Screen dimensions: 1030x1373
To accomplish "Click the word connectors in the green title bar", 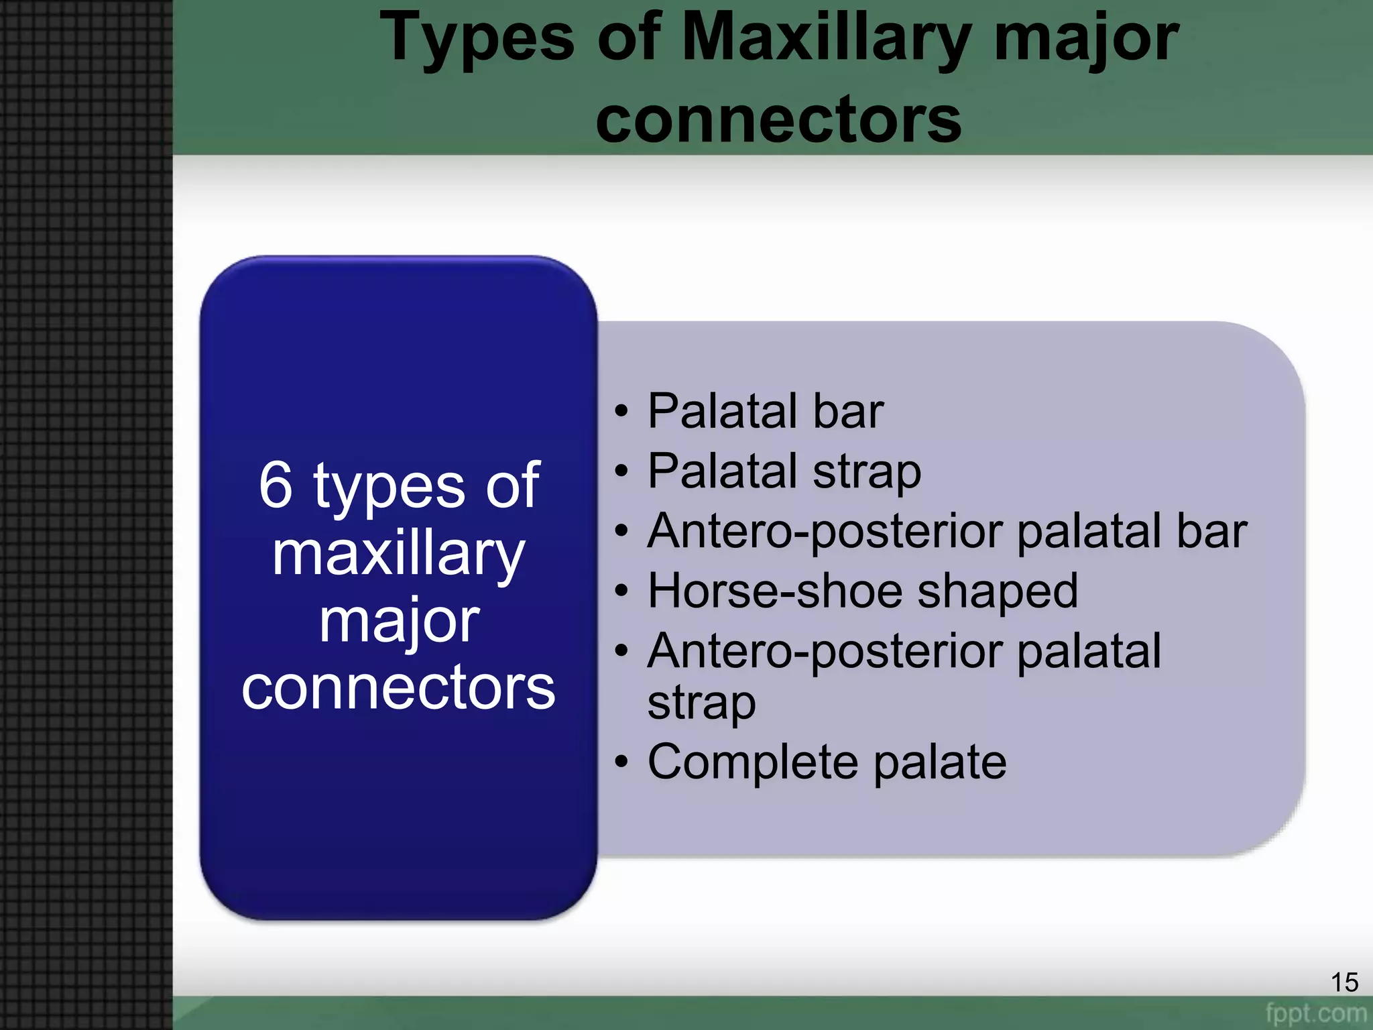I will tap(778, 119).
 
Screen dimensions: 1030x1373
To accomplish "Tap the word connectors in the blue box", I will tap(398, 688).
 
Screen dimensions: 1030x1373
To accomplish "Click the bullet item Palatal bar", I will tap(765, 411).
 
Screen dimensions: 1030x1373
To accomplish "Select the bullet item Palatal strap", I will tap(784, 471).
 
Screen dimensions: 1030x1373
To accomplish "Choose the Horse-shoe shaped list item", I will tap(862, 591).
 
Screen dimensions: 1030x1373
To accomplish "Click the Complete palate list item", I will tap(827, 762).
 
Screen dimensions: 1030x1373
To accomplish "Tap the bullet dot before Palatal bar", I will tap(621, 412).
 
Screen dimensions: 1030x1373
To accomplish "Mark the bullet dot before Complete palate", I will tap(621, 763).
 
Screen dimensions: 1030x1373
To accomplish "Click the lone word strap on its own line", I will tap(701, 704).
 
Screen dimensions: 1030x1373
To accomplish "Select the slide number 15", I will tap(1344, 982).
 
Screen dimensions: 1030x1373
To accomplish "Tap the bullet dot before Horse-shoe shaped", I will tap(621, 592).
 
